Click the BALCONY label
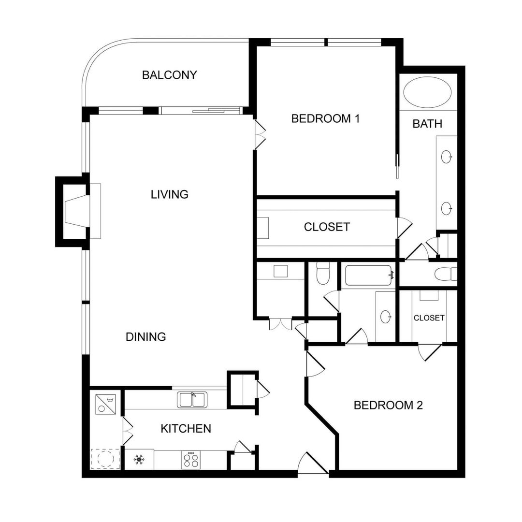click(x=169, y=75)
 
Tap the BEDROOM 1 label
click(x=325, y=118)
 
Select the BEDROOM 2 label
click(x=388, y=405)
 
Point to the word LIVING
click(x=169, y=194)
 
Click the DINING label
click(x=146, y=337)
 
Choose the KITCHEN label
click(x=186, y=428)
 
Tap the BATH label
click(x=427, y=124)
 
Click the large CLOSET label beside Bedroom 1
click(x=327, y=227)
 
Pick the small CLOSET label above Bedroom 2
click(x=429, y=318)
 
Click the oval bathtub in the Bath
click(x=427, y=92)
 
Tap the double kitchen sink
click(x=192, y=400)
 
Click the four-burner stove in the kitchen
click(x=190, y=459)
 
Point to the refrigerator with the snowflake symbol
click(x=140, y=459)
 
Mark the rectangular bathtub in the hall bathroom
click(x=369, y=275)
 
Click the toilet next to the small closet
click(x=446, y=274)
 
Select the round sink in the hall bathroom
click(x=385, y=317)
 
